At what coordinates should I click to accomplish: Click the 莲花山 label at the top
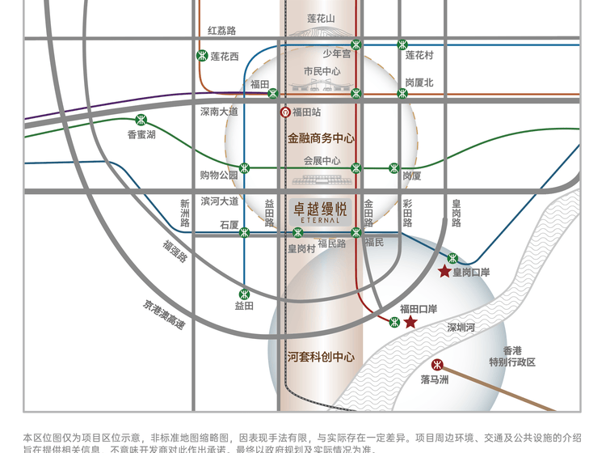[321, 18]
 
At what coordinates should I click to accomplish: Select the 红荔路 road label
[221, 31]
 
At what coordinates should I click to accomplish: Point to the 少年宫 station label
[337, 54]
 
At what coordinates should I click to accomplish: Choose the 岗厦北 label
[419, 83]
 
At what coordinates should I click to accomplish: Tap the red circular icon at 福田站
[284, 112]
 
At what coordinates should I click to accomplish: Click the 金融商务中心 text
[321, 138]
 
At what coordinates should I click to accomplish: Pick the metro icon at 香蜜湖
[141, 120]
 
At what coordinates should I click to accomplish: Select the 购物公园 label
[219, 175]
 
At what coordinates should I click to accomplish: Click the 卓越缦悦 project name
[320, 207]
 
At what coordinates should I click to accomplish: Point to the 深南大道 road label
[219, 112]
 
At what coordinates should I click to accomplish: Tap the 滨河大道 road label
[219, 201]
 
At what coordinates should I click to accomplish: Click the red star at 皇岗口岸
[444, 271]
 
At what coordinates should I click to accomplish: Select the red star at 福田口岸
[410, 323]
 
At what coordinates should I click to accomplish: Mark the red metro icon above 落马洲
[437, 364]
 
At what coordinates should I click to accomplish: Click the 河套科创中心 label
[321, 356]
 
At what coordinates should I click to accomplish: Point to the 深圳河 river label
[461, 328]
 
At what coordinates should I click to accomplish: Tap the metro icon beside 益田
[245, 294]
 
